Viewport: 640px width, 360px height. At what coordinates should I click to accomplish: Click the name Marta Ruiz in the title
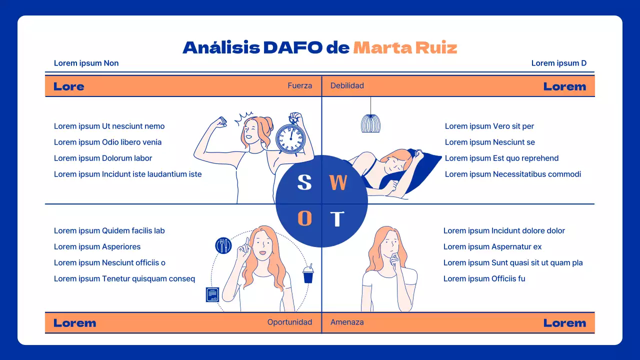[x=405, y=47]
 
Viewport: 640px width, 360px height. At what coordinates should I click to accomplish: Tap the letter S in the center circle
[x=304, y=182]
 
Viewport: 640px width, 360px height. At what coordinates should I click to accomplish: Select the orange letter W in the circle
[x=338, y=183]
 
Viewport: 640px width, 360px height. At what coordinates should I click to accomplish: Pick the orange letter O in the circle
[x=304, y=218]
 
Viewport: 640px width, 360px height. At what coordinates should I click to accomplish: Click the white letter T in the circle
[x=337, y=219]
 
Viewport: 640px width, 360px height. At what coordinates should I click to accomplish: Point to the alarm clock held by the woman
[x=290, y=137]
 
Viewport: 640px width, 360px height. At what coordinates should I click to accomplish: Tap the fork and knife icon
[x=223, y=245]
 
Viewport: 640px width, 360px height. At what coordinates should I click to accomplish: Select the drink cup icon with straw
[x=308, y=274]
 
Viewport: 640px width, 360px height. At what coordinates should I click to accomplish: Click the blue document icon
[x=213, y=294]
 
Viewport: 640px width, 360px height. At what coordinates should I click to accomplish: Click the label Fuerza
[x=299, y=85]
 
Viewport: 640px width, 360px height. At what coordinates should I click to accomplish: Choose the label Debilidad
[x=347, y=85]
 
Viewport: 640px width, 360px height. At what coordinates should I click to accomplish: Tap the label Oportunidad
[x=289, y=322]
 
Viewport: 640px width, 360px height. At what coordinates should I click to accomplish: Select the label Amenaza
[x=347, y=322]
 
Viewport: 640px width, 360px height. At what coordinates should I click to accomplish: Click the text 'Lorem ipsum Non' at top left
[x=86, y=63]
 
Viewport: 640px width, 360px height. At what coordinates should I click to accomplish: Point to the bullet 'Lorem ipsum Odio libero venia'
[x=107, y=142]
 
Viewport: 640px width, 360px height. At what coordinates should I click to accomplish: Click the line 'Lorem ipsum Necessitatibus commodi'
[x=512, y=174]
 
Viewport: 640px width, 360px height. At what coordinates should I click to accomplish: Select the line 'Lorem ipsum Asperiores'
[x=97, y=246]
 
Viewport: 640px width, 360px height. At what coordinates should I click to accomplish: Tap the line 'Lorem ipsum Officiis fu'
[x=484, y=278]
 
